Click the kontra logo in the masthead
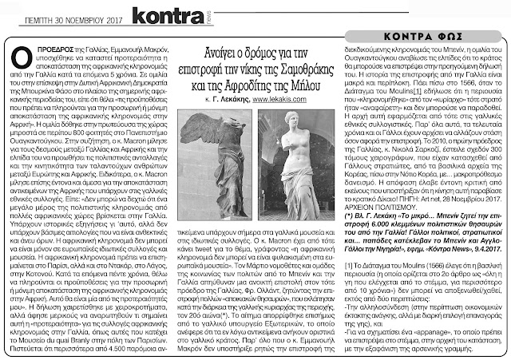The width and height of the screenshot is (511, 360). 159,14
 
